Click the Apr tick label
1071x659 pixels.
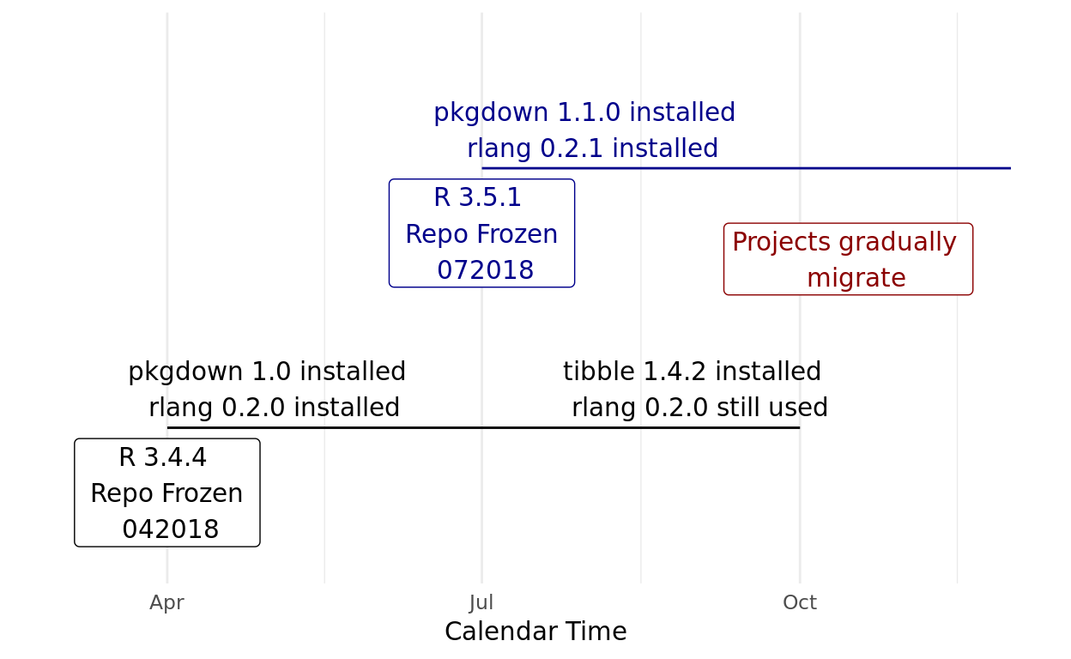pos(166,603)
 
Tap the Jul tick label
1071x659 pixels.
pos(481,602)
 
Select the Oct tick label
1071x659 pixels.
pos(800,602)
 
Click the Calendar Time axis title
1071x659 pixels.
pos(535,632)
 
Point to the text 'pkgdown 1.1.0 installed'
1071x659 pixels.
pos(584,113)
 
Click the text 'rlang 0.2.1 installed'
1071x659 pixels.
pos(593,148)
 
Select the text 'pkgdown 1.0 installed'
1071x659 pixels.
pos(267,372)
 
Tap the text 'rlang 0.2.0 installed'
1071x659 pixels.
pos(274,408)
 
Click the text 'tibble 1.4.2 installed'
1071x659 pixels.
pos(692,372)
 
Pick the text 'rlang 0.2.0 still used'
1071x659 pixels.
pos(699,408)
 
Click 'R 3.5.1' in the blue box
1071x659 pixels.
pos(477,197)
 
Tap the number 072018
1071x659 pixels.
pos(486,269)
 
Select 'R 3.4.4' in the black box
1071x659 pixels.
pos(162,457)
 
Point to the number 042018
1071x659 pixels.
pos(171,529)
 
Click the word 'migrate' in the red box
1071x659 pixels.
pos(856,278)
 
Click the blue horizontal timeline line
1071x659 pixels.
pos(746,168)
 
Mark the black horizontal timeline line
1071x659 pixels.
pos(483,427)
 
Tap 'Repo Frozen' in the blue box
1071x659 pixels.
pos(481,234)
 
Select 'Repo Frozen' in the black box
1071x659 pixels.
pos(166,493)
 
